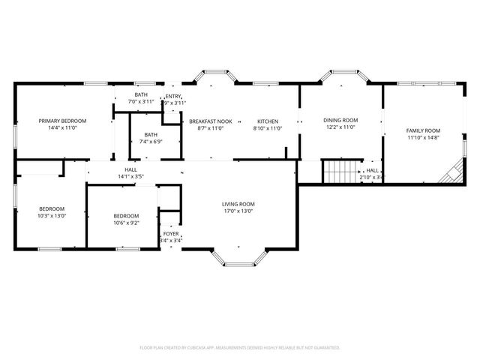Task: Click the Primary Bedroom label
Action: (x=63, y=121)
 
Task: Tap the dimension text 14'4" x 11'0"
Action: (x=63, y=128)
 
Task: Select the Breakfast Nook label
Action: (x=210, y=121)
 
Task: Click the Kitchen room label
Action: (x=268, y=121)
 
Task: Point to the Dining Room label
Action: (x=340, y=120)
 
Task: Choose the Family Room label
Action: (x=423, y=130)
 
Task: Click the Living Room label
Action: (x=238, y=204)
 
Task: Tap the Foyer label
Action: (x=171, y=234)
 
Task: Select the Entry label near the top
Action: (x=173, y=96)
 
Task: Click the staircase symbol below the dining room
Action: (x=341, y=172)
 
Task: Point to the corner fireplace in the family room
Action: (x=450, y=175)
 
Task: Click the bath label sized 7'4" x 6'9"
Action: (x=151, y=134)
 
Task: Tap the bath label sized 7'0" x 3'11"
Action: (x=141, y=94)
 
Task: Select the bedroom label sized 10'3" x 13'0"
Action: (x=52, y=208)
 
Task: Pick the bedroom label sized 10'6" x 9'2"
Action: (x=126, y=215)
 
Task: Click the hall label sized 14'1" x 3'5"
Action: (x=130, y=170)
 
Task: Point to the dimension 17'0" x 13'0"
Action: (x=238, y=211)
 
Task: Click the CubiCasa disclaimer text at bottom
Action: (x=240, y=347)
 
